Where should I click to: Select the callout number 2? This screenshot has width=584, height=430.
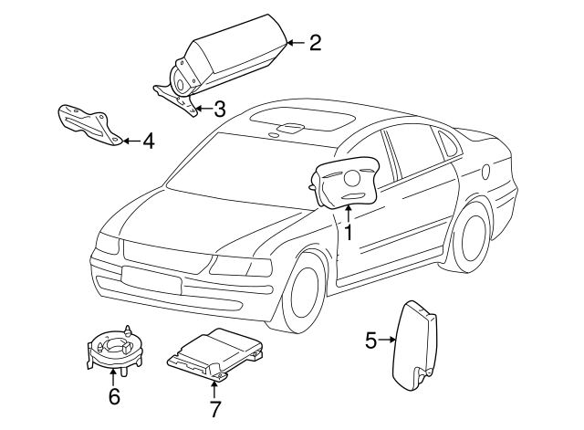click(x=315, y=43)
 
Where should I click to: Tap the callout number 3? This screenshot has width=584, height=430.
click(x=219, y=110)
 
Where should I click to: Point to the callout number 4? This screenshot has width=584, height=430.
click(x=147, y=141)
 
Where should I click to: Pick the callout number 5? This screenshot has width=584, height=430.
click(x=371, y=341)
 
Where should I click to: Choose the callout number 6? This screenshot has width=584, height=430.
click(x=114, y=396)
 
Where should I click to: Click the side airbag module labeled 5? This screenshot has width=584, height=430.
click(x=414, y=343)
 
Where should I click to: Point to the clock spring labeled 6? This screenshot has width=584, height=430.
click(x=114, y=347)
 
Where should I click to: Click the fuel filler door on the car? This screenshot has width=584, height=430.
click(x=510, y=171)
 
